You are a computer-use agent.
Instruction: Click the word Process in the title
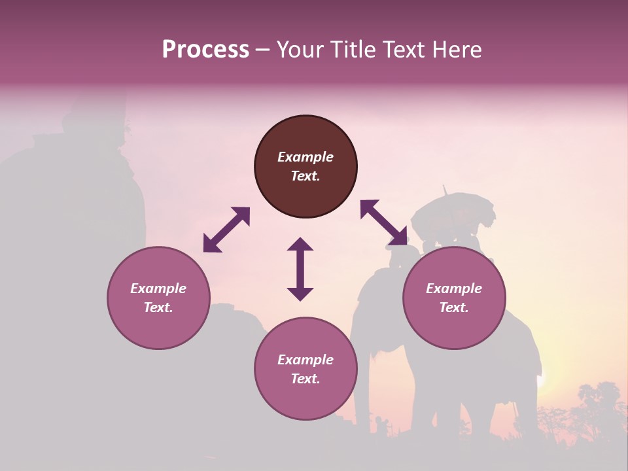click(x=205, y=50)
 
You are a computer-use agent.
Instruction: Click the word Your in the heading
click(x=302, y=50)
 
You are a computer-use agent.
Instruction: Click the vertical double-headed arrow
click(x=300, y=269)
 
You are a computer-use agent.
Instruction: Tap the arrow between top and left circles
click(x=226, y=230)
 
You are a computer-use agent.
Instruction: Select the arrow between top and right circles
click(x=384, y=224)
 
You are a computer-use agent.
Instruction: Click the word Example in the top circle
click(x=305, y=157)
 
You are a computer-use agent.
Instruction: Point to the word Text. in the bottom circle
click(x=305, y=379)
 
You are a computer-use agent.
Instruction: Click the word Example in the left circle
click(x=158, y=288)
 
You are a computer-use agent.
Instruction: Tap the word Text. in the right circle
click(x=454, y=307)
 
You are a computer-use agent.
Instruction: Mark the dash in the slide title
click(x=262, y=50)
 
